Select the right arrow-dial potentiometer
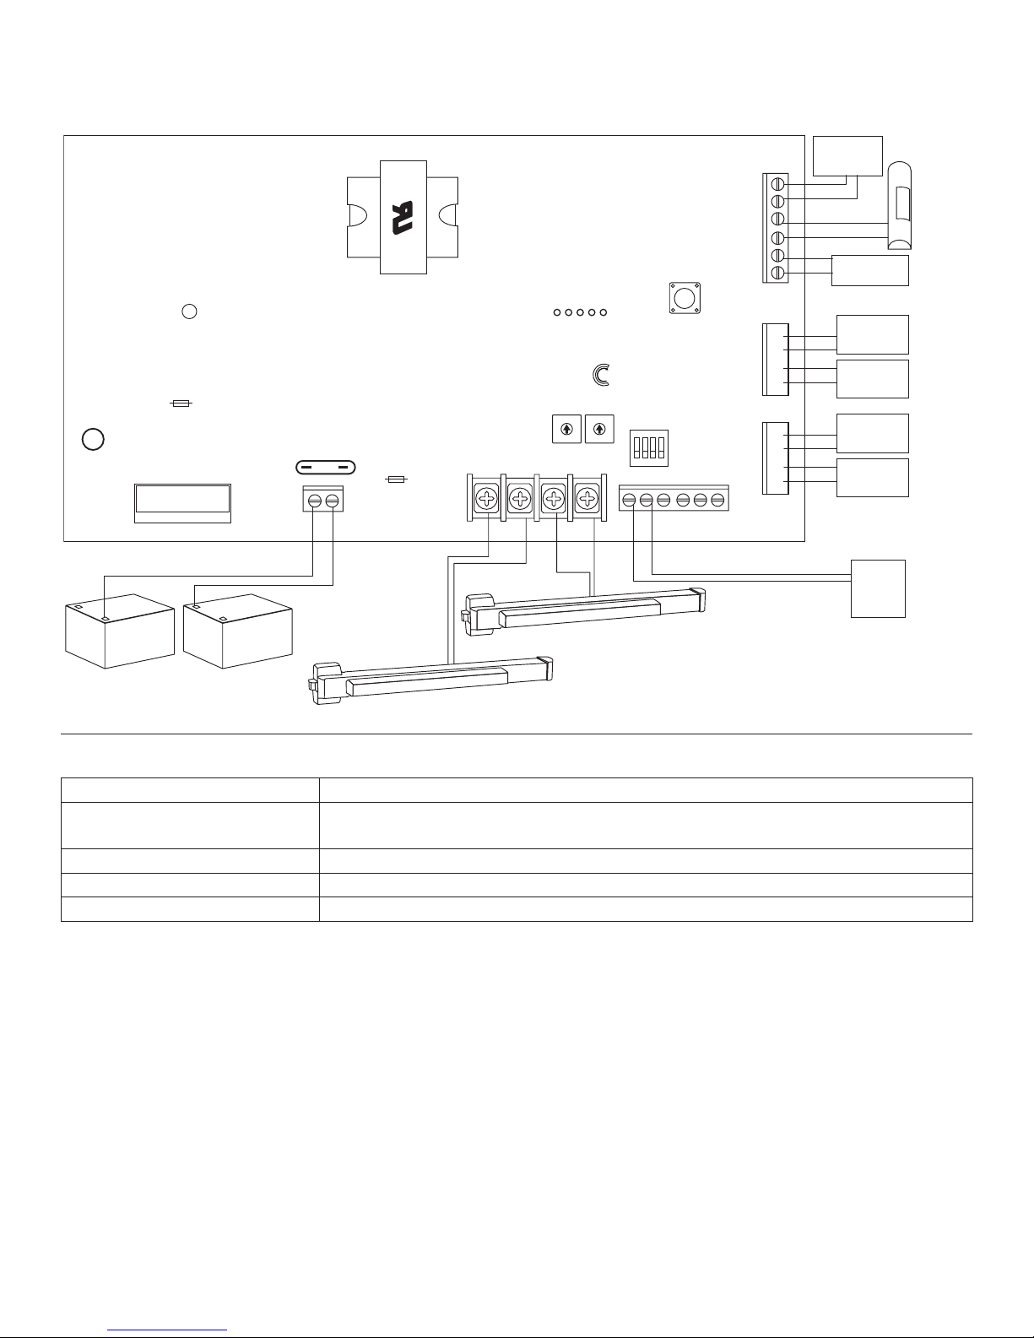pos(598,428)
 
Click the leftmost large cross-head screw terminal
pos(487,500)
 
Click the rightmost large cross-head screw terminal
pos(587,500)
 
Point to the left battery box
pos(119,630)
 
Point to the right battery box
pos(237,630)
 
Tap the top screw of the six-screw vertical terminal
pos(778,184)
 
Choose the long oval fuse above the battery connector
pos(324,467)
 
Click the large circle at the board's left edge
pos(94,440)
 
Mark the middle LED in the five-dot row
pos(580,313)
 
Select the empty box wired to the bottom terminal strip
pos(878,588)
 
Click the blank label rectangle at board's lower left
pos(182,502)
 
